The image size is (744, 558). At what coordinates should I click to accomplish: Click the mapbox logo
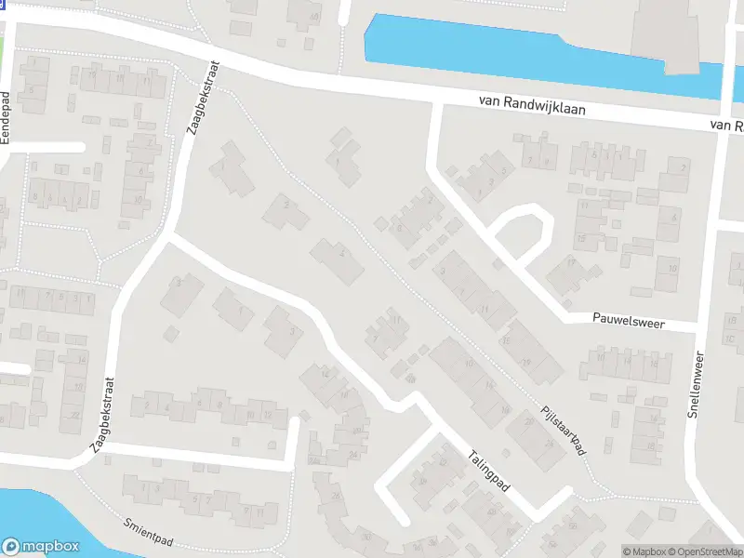[x=39, y=547]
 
